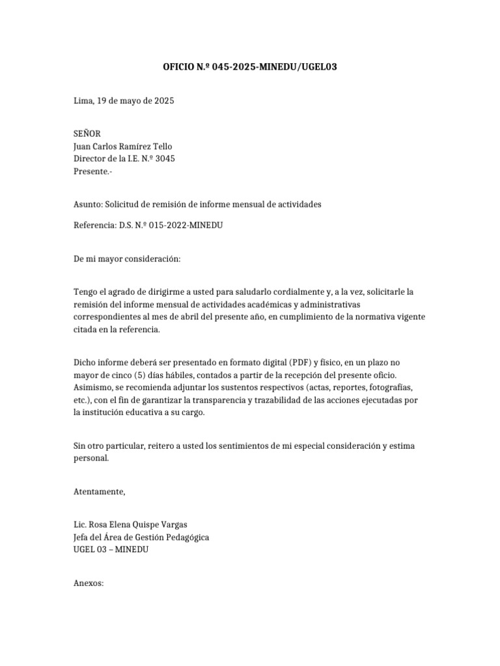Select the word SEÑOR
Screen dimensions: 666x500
point(87,133)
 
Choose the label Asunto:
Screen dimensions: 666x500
point(89,204)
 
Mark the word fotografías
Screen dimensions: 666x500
point(395,388)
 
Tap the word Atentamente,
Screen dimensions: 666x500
point(99,492)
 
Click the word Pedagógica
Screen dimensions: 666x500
point(187,537)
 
